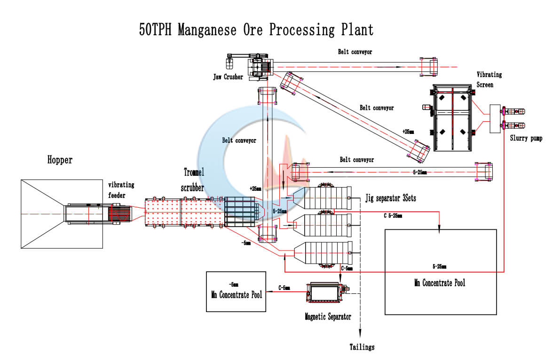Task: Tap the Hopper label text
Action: (x=60, y=160)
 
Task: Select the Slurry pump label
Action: (x=526, y=139)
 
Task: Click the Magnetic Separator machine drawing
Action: (x=324, y=293)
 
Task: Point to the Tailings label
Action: (x=362, y=347)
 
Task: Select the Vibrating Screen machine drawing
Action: (x=452, y=118)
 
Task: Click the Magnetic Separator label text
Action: (x=327, y=317)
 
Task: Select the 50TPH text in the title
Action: (x=157, y=30)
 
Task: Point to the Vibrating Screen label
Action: (x=489, y=79)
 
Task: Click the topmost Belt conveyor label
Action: (x=355, y=52)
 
